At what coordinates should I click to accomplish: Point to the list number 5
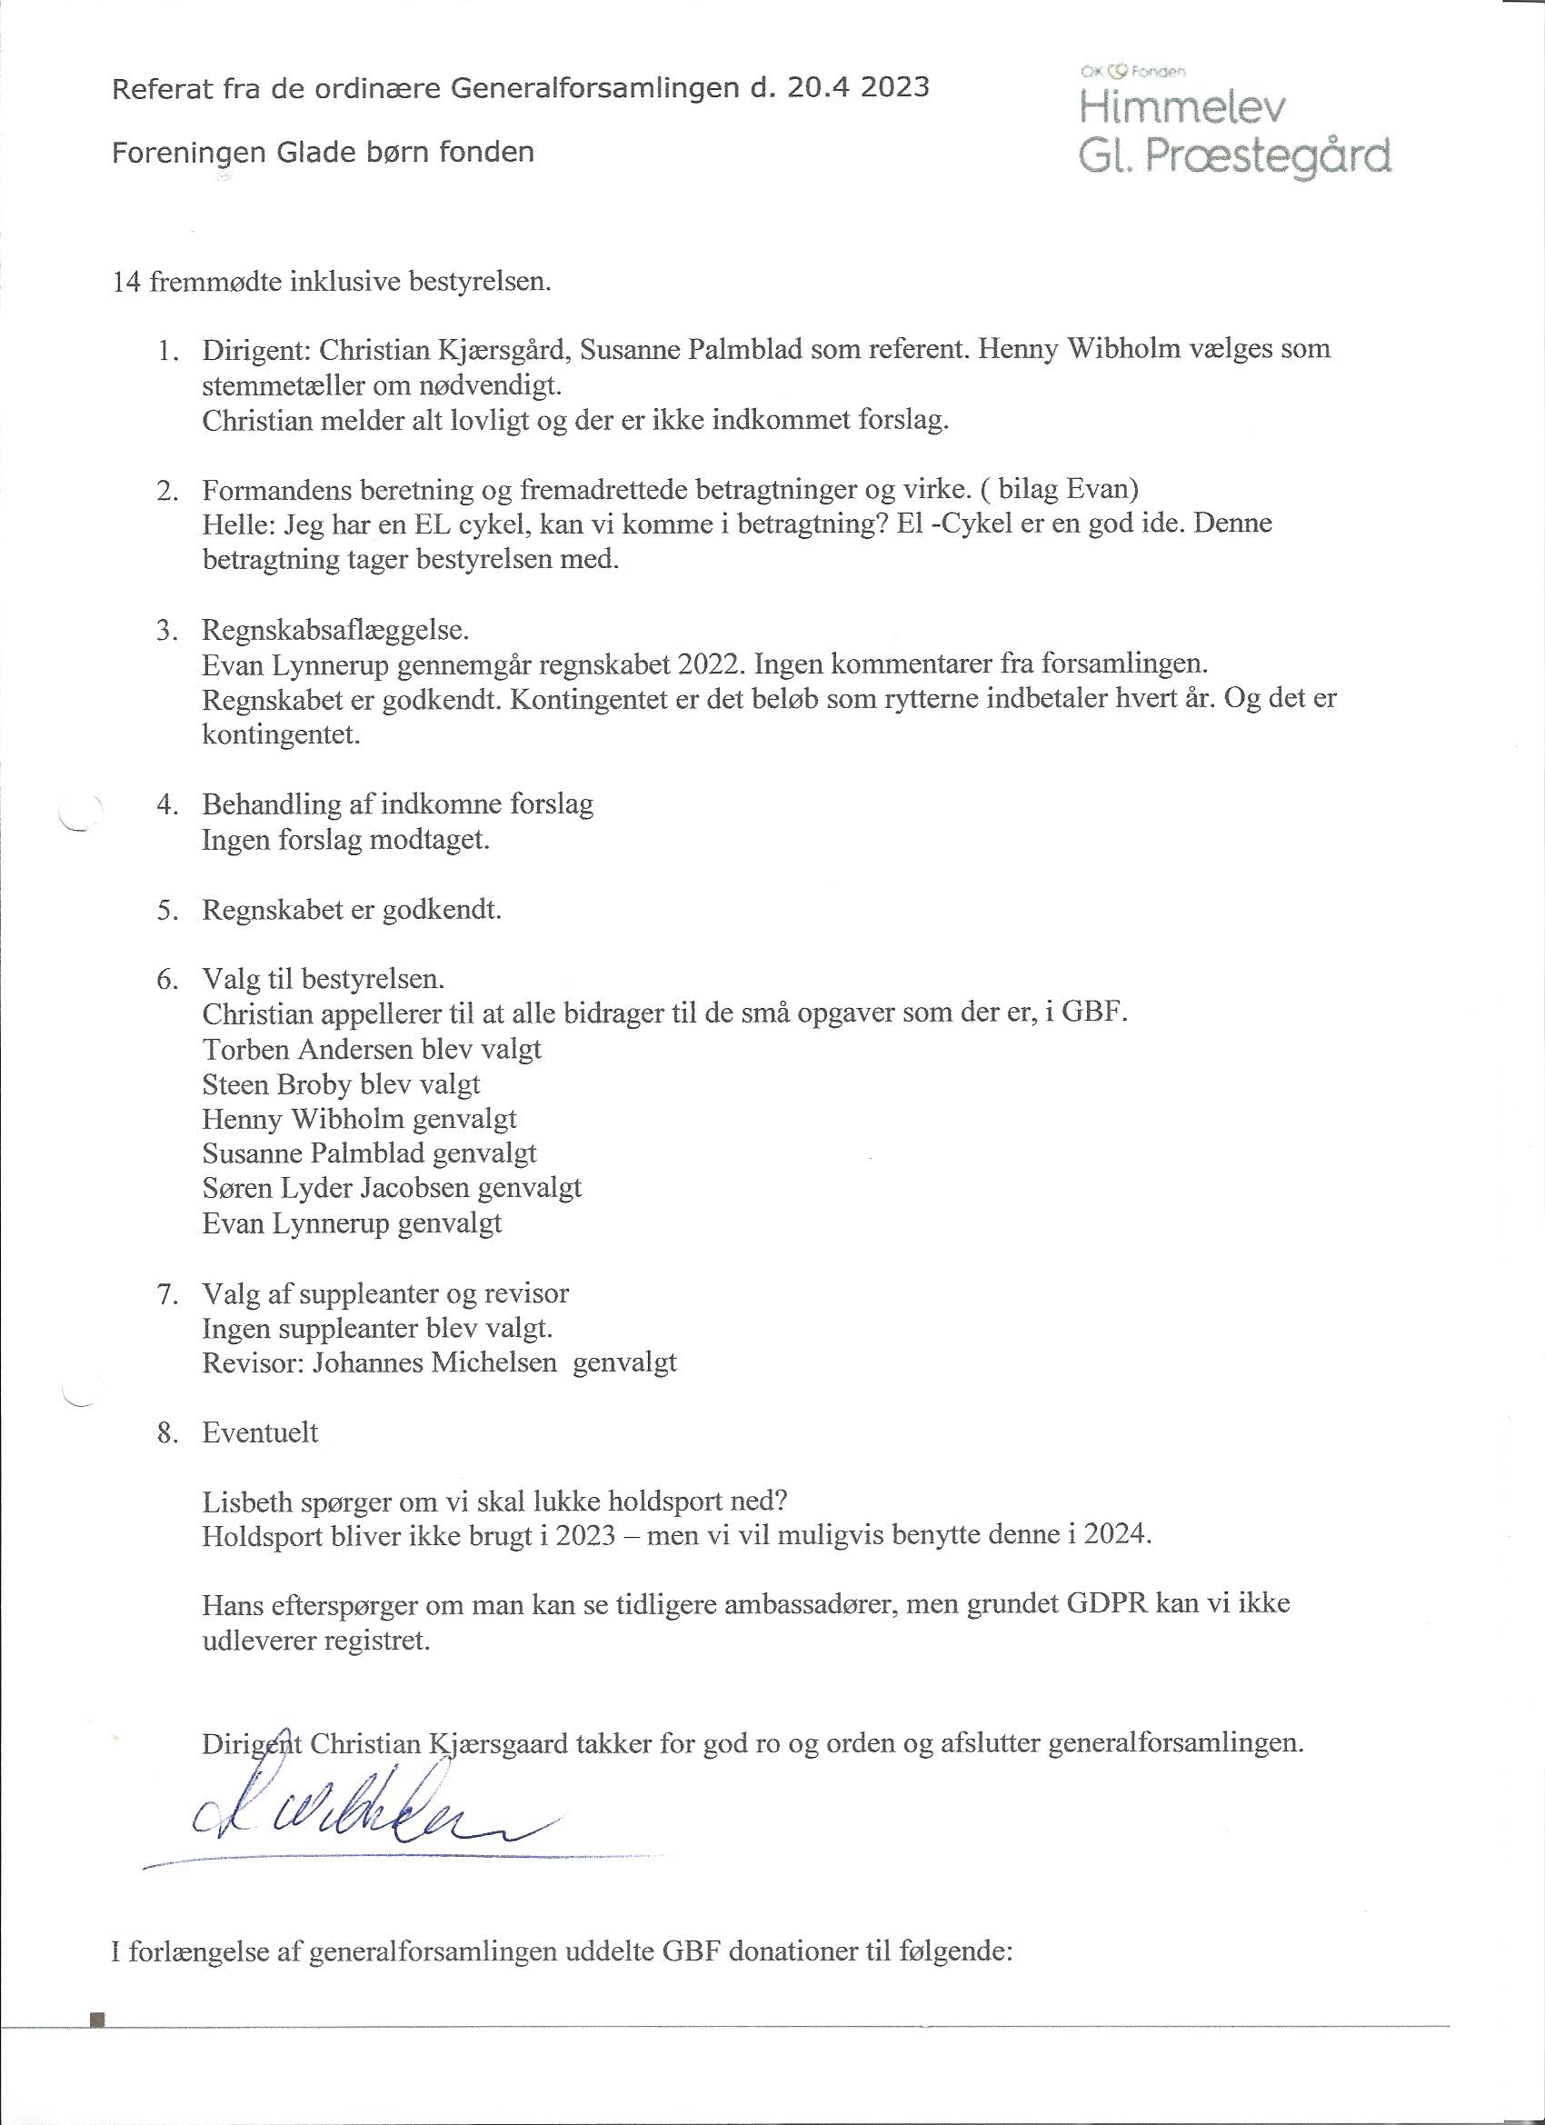coord(168,910)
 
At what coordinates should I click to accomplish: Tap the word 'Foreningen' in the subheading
coord(187,152)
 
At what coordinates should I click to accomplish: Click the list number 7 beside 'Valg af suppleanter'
coord(168,1294)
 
